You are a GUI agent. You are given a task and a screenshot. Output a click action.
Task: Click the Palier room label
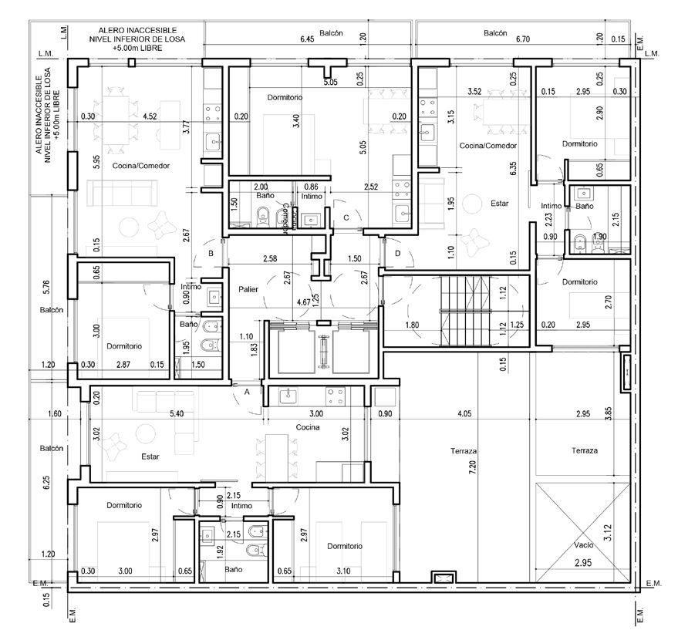coord(248,289)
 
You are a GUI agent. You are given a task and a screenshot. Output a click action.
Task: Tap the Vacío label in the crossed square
coord(584,545)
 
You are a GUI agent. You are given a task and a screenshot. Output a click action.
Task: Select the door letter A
coord(247,392)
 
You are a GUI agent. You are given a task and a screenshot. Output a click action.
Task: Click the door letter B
coord(211,254)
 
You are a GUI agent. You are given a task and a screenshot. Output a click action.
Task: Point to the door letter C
coord(346,217)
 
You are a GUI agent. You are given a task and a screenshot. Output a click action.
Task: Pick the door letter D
coord(398,254)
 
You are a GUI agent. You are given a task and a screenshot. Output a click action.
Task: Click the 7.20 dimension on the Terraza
coord(472,467)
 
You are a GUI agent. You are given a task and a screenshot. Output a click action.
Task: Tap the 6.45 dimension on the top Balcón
coord(307,39)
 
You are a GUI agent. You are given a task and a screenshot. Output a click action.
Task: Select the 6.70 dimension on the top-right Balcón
coord(523,39)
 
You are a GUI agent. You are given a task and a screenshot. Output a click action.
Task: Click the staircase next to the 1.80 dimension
coord(466,311)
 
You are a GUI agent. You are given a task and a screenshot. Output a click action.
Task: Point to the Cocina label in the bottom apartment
coord(308,427)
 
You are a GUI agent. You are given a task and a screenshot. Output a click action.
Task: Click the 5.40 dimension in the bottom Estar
coord(177,413)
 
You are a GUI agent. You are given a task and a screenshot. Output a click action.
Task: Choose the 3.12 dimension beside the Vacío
coord(608,533)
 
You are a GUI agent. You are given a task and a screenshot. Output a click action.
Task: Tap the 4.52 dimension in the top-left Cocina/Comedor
coord(150,116)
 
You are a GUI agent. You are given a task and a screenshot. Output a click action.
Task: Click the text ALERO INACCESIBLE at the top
coord(137,30)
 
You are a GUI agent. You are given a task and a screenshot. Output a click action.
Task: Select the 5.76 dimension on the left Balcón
coord(47,288)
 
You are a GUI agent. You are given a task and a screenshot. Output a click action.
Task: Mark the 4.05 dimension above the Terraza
coord(464,413)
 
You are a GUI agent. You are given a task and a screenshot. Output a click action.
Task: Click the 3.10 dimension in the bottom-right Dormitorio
coord(343,571)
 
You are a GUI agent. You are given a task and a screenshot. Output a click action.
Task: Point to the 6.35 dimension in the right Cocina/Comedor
coord(513,169)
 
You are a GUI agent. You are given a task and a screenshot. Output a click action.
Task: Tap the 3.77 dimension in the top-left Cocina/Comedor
coord(187,127)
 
